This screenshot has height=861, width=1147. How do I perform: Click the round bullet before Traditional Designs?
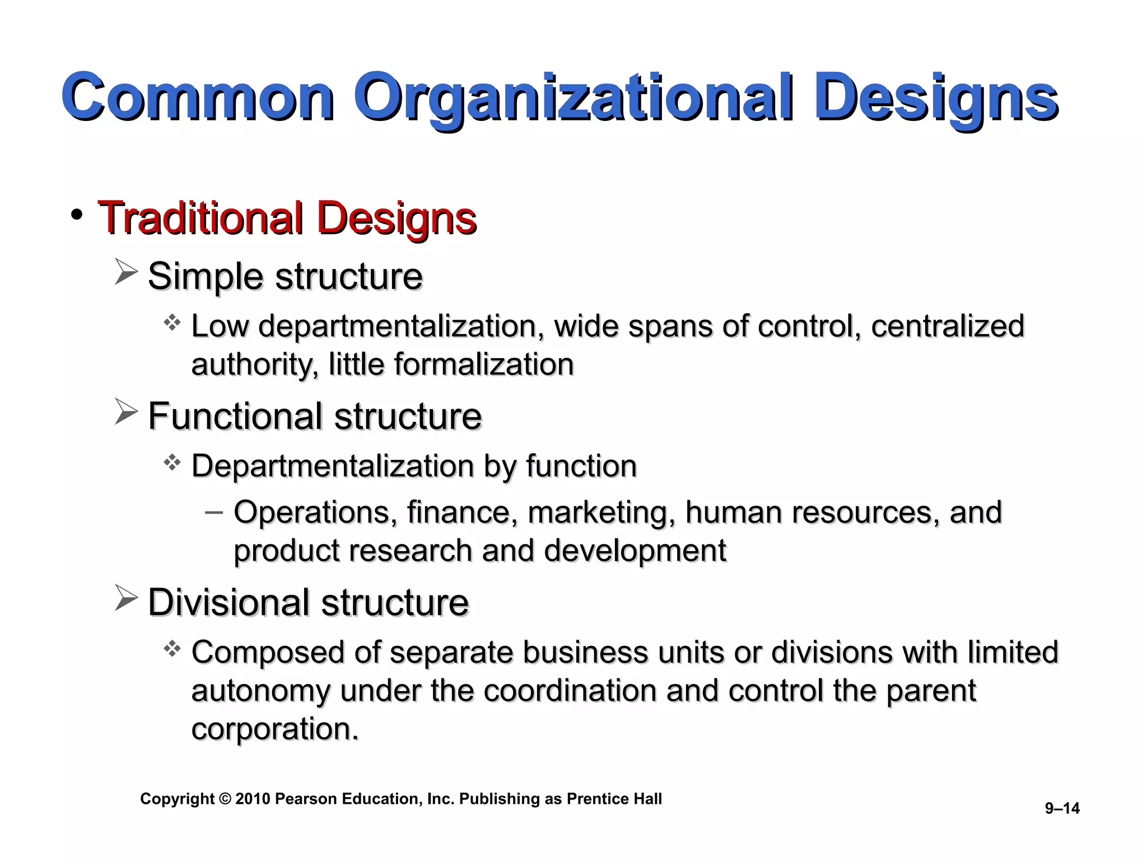coord(77,214)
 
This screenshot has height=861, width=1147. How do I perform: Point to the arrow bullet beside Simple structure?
coord(125,272)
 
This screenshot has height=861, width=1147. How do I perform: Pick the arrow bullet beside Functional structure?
coord(125,412)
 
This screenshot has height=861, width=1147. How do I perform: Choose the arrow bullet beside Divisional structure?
coord(125,598)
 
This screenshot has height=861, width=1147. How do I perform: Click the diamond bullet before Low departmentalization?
coord(172,323)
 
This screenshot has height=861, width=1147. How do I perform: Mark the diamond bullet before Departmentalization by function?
coord(172,463)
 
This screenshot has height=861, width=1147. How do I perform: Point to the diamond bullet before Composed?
coord(172,649)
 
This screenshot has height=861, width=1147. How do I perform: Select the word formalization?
coord(484,364)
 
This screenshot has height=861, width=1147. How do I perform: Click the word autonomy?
coord(260,691)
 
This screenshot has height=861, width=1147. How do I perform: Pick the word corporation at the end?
coord(274,729)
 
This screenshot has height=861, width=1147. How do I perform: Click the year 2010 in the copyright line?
coord(253,799)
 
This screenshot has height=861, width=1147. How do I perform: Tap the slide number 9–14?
coord(1062,808)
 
